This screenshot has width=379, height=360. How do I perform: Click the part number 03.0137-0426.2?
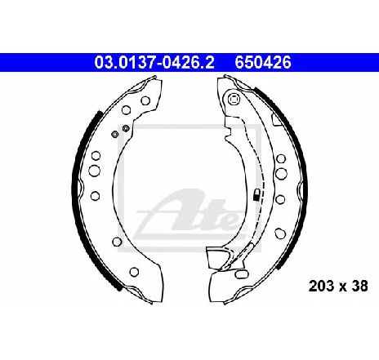154,62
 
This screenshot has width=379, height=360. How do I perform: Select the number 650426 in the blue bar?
263,62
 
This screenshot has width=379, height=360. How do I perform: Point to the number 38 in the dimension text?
359,286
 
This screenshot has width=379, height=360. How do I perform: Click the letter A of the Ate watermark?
178,210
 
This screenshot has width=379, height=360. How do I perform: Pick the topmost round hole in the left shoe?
145,100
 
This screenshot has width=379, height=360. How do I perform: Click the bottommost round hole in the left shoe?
134,271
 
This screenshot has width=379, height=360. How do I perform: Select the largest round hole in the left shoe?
94,171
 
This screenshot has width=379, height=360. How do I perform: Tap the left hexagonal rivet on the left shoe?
114,134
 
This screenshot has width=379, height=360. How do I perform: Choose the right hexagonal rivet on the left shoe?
126,128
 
